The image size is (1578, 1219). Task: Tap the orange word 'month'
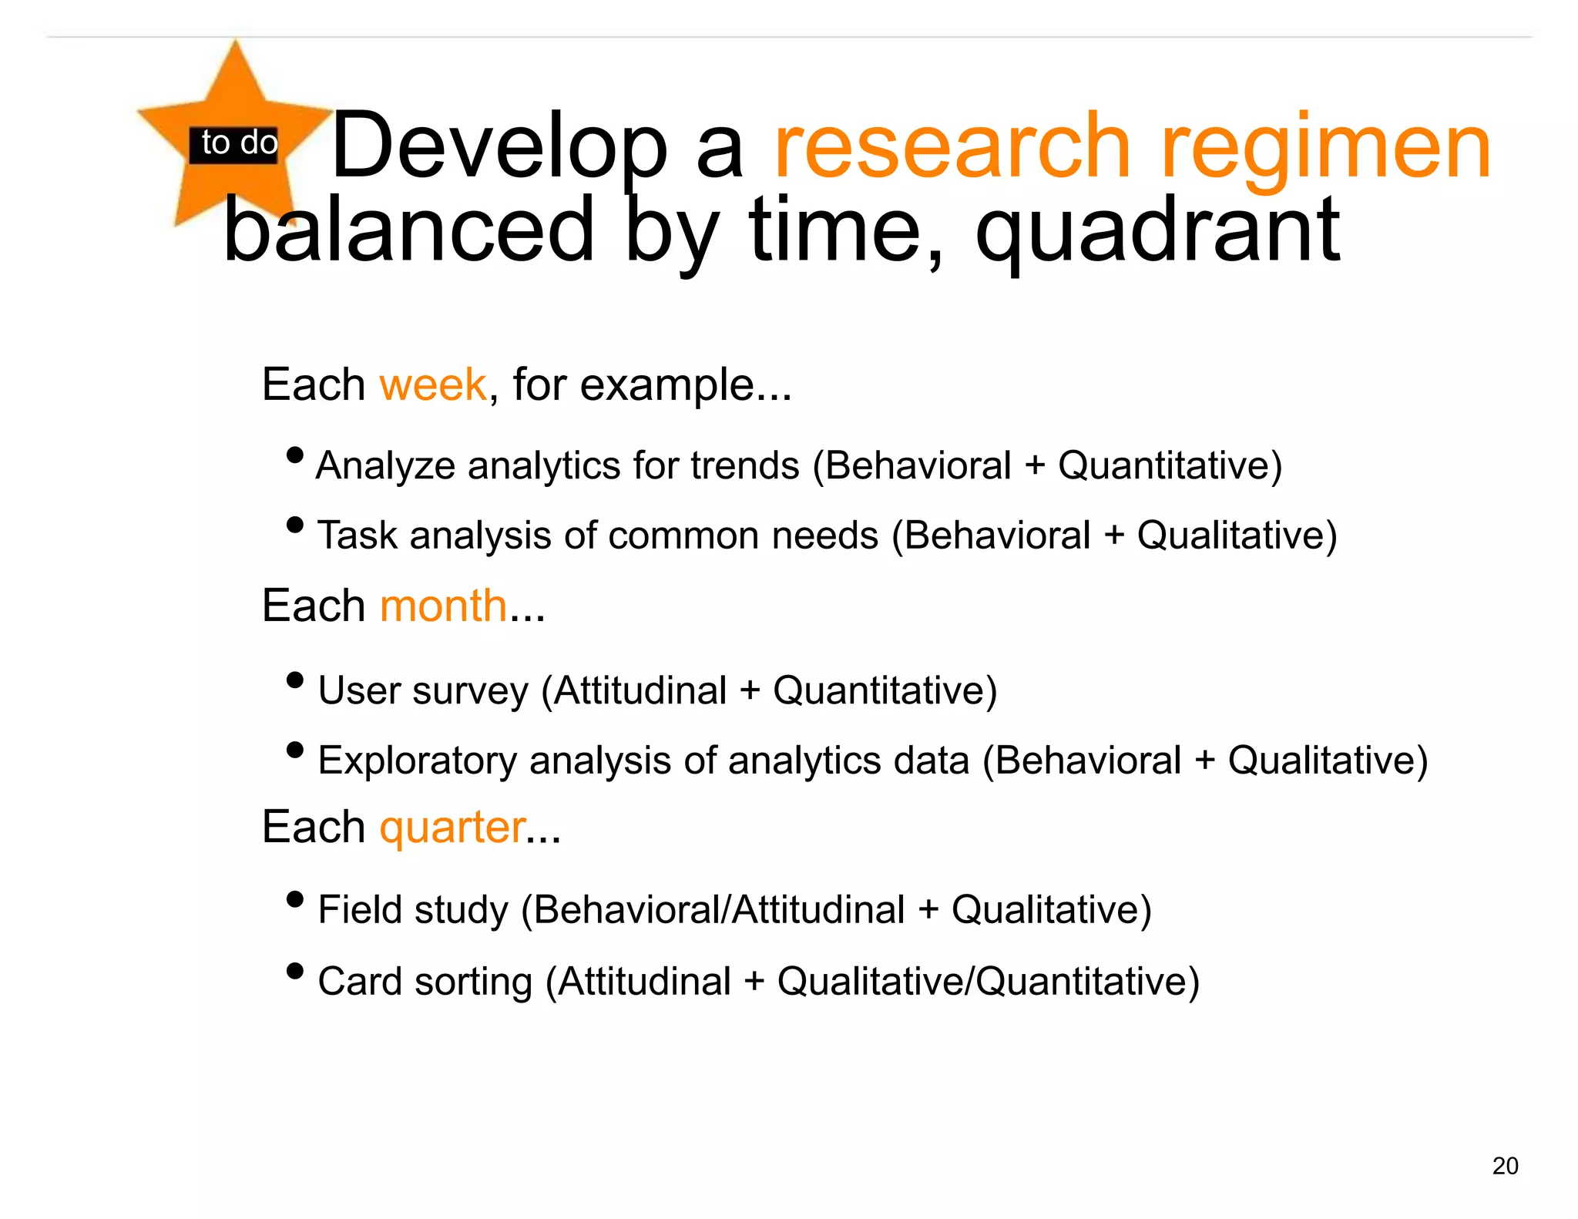pyautogui.click(x=443, y=606)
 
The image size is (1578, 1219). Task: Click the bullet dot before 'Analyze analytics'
pyautogui.click(x=294, y=455)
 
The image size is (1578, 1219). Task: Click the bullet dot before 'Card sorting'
pyautogui.click(x=294, y=971)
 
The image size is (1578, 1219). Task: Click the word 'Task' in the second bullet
pyautogui.click(x=358, y=536)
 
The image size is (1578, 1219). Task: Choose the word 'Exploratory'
pyautogui.click(x=417, y=761)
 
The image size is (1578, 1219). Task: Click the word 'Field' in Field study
pyautogui.click(x=361, y=909)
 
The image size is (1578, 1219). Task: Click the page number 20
pyautogui.click(x=1504, y=1166)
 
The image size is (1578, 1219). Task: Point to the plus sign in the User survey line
pyautogui.click(x=749, y=690)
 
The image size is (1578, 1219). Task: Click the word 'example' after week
pyautogui.click(x=666, y=385)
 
